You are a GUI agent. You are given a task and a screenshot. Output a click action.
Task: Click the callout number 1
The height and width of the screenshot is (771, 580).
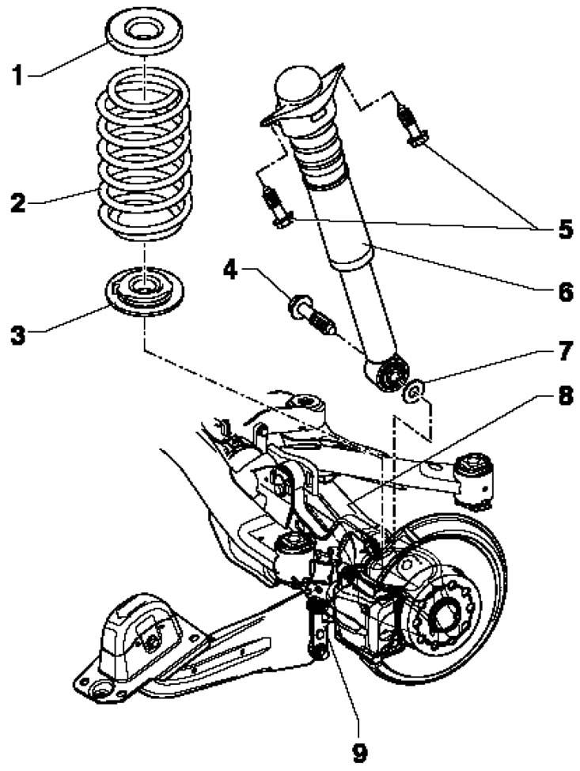(18, 76)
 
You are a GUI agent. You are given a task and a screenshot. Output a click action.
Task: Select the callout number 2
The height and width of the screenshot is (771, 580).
(19, 202)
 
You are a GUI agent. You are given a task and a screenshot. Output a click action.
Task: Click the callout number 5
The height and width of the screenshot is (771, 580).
(563, 229)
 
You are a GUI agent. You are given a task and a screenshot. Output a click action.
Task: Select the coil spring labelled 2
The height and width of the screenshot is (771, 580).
(145, 155)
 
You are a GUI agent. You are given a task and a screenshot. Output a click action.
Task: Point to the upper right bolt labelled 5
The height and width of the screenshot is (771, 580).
(412, 127)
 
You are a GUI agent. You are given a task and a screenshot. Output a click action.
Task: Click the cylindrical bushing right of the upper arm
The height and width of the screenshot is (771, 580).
(476, 478)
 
